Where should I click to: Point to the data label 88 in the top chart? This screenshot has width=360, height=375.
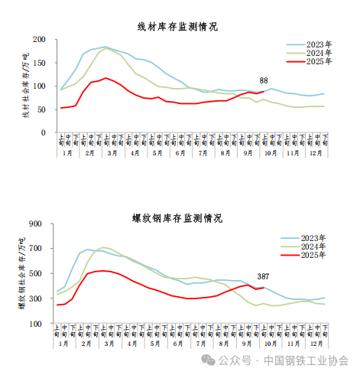tap(264, 81)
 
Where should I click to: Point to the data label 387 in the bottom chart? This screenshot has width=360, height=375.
tap(263, 276)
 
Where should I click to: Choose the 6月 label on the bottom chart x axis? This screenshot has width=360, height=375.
tap(180, 345)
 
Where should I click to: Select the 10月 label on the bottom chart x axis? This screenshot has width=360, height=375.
tap(271, 345)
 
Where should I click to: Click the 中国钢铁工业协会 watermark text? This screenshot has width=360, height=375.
tap(306, 360)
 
